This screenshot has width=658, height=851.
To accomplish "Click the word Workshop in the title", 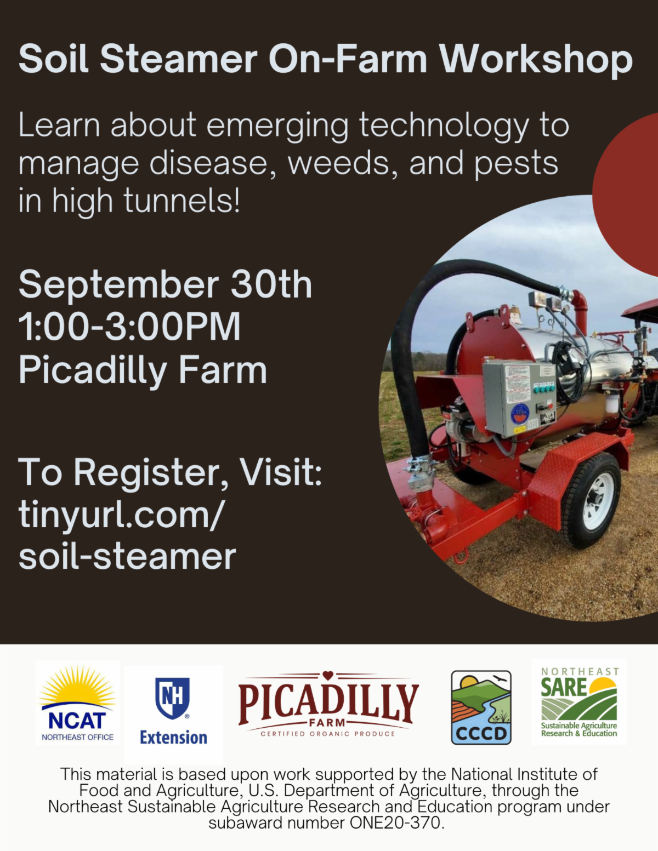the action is [x=536, y=60].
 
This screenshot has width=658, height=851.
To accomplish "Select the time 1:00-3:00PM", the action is [x=130, y=326].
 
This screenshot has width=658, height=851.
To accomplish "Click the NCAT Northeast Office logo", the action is [x=78, y=703].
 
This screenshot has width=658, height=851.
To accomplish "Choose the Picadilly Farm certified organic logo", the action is [x=328, y=704].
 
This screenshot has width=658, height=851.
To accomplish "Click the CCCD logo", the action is [x=481, y=707].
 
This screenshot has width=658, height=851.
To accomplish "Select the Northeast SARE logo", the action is [x=579, y=702].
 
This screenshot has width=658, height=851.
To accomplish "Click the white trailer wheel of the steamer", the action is [x=597, y=501].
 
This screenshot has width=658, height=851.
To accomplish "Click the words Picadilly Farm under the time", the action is [x=143, y=370].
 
